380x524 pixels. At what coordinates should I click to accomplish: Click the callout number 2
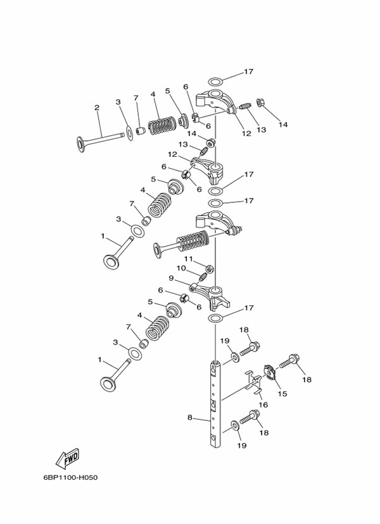coord(97,107)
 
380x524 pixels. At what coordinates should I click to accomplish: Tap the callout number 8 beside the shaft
coord(189,417)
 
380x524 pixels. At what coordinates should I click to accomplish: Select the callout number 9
coord(171,277)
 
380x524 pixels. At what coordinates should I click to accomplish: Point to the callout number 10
coord(180,268)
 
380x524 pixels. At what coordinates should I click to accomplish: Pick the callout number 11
coord(188,259)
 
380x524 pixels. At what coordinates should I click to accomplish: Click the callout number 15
coord(282,393)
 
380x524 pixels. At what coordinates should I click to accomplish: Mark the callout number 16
coord(264,405)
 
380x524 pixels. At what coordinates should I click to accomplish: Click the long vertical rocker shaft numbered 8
coord(215,405)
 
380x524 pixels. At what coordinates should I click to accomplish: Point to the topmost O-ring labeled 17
coord(215,82)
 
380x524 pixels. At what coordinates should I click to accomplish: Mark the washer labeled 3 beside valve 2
coord(129,132)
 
